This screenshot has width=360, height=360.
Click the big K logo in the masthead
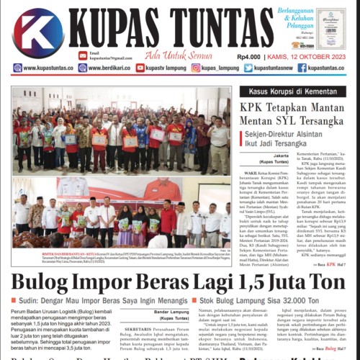pyautogui.click(x=37, y=33)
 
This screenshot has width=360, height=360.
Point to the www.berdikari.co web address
pyautogui.click(x=109, y=68)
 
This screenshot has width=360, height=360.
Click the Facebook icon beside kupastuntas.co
pyautogui.click(x=302, y=68)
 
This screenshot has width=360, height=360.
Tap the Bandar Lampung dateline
pyautogui.click(x=171, y=311)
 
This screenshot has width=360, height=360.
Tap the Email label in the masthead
pyautogui.click(x=94, y=52)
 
